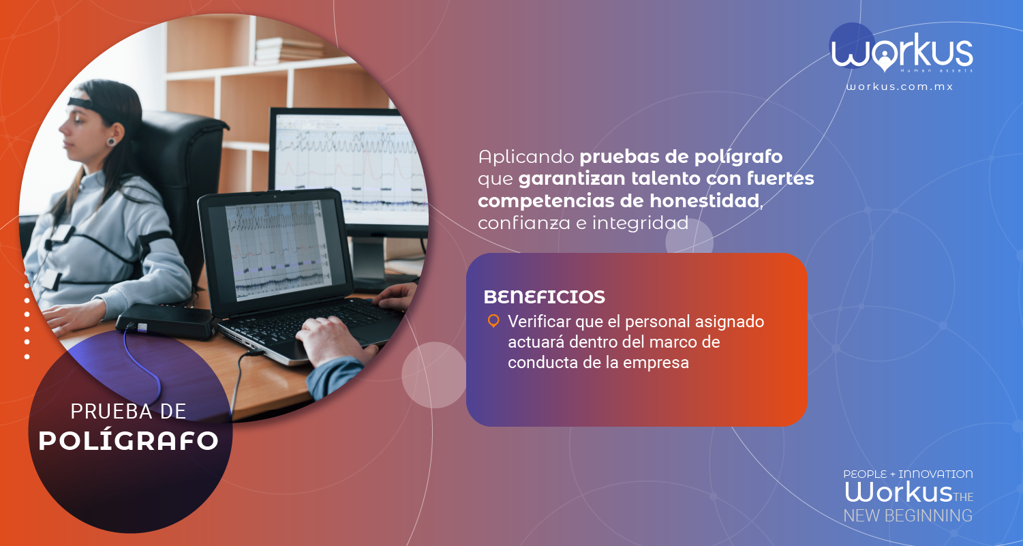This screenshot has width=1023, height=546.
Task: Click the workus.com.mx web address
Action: point(900,87)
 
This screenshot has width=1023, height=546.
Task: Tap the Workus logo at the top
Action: point(901,49)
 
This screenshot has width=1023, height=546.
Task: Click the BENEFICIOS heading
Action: point(545,297)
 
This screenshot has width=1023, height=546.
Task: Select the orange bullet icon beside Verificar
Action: point(493,321)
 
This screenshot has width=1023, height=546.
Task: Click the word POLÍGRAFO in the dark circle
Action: point(128,440)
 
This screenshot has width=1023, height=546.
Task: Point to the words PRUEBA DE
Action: point(128,411)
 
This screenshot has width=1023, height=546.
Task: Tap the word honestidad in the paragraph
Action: point(704,200)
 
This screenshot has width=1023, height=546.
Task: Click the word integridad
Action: point(640,223)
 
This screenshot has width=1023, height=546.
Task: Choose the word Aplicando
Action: point(526,157)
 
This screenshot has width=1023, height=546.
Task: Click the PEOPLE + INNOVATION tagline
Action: point(908,474)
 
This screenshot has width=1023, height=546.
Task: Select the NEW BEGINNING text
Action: point(908,516)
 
